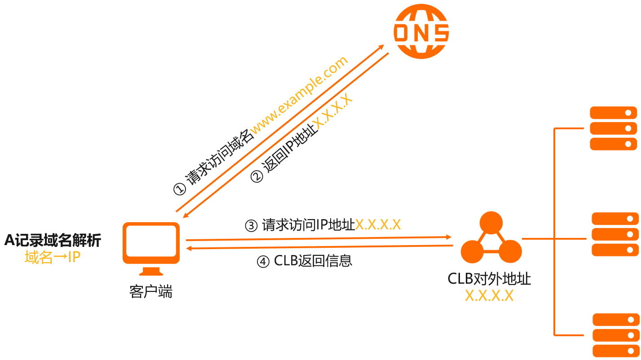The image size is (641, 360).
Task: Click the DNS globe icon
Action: (x=421, y=32)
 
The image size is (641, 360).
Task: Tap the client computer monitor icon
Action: (x=151, y=245)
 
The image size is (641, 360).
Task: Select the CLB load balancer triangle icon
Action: (x=491, y=240)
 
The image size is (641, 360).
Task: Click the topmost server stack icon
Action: (x=613, y=128)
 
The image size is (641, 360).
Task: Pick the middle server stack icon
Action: (x=614, y=234)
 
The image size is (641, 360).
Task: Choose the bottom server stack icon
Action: (x=616, y=335)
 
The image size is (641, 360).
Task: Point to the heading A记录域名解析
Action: (x=53, y=241)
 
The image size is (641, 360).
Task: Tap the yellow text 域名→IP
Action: (x=53, y=258)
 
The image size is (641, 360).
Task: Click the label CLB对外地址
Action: (x=489, y=279)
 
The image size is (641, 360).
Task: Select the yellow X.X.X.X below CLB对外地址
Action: (x=489, y=296)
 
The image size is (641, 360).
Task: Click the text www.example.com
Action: (x=299, y=95)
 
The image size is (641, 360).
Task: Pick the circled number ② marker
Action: (x=256, y=177)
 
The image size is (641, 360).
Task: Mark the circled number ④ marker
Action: (x=263, y=261)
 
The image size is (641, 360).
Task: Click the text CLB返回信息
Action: (x=313, y=261)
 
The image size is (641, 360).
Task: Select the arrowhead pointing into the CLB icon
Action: (x=448, y=237)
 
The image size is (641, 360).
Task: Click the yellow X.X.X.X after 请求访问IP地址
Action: (x=378, y=224)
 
